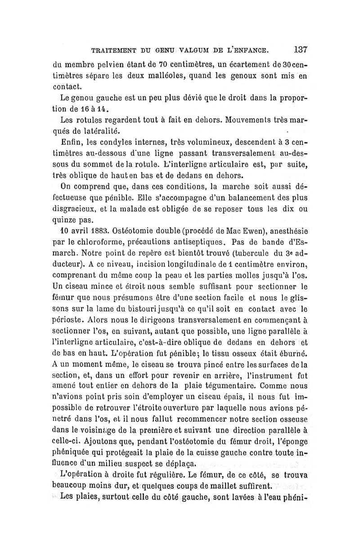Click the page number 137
(297, 49)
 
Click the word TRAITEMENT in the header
(116, 50)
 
